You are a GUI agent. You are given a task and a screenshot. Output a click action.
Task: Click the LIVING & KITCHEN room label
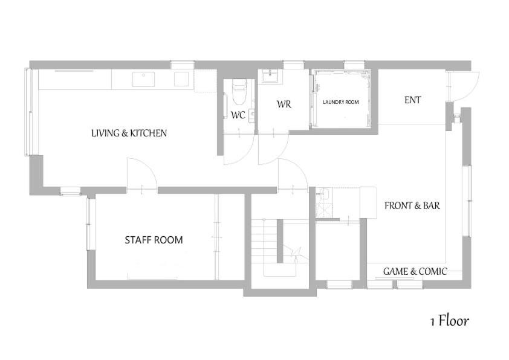click(129, 133)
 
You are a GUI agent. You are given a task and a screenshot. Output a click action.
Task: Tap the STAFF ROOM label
click(154, 240)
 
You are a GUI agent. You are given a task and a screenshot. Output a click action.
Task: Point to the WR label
click(284, 104)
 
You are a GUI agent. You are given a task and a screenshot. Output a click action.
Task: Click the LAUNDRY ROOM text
click(340, 102)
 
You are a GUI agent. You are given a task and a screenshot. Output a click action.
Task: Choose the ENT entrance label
click(412, 100)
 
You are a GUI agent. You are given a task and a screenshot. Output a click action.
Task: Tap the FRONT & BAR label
click(412, 205)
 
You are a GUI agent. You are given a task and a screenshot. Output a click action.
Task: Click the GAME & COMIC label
click(415, 271)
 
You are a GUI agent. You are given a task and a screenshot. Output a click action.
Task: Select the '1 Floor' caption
click(449, 321)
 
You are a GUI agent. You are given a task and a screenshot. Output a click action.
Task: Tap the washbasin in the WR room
click(268, 76)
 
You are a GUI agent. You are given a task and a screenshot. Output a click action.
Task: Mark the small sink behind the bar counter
click(323, 194)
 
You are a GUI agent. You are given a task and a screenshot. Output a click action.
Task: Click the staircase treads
click(264, 236)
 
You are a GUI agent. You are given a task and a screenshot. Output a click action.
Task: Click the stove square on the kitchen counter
click(181, 79)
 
